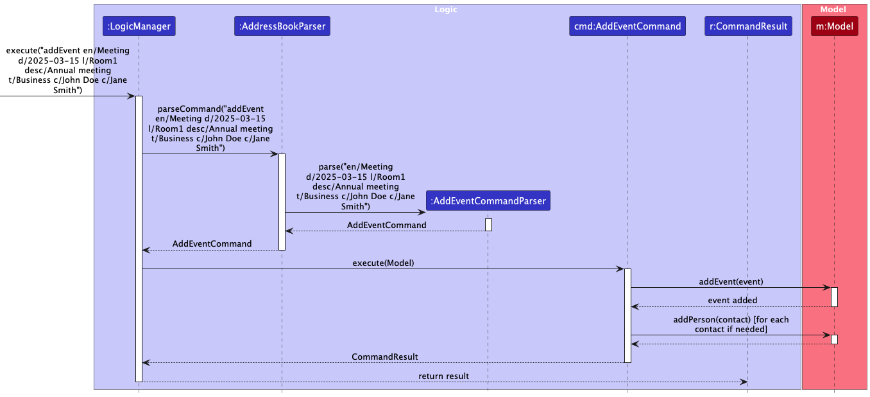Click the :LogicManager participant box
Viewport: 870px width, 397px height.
click(x=139, y=26)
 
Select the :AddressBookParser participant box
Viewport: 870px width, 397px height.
click(x=282, y=26)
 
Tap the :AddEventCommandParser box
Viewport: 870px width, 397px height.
click(x=488, y=201)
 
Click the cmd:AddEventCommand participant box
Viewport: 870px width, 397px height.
click(x=627, y=26)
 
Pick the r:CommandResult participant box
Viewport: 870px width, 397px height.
click(x=748, y=26)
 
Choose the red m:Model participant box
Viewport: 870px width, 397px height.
click(x=834, y=26)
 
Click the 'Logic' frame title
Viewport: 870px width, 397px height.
click(x=446, y=10)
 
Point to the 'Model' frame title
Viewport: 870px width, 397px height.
click(x=833, y=10)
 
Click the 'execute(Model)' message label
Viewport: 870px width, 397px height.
click(x=383, y=263)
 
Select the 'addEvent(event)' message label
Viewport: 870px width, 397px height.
click(x=731, y=281)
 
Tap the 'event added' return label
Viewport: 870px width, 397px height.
click(x=732, y=300)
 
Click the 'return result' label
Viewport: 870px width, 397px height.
click(x=443, y=376)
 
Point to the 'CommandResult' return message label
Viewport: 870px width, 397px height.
click(x=384, y=357)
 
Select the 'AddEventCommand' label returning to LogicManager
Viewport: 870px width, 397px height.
click(x=212, y=244)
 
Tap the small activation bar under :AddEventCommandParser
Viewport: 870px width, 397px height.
click(x=488, y=225)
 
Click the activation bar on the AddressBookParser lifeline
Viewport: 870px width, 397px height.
click(x=282, y=202)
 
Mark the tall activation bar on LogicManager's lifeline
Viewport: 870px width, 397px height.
click(x=139, y=238)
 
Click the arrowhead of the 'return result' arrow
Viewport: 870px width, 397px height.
click(x=745, y=382)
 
